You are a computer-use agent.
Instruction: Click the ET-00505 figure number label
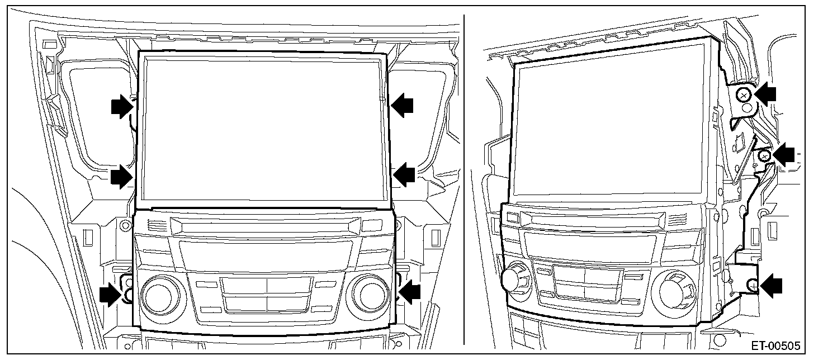[775, 346]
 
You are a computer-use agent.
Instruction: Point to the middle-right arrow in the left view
[404, 174]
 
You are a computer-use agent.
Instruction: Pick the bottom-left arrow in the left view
[111, 294]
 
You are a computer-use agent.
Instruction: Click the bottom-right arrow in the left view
[409, 292]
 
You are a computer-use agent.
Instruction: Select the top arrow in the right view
[765, 94]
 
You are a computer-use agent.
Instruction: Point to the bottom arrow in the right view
[771, 286]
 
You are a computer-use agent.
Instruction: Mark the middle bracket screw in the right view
[765, 156]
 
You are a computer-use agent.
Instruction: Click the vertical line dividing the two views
[464, 180]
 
